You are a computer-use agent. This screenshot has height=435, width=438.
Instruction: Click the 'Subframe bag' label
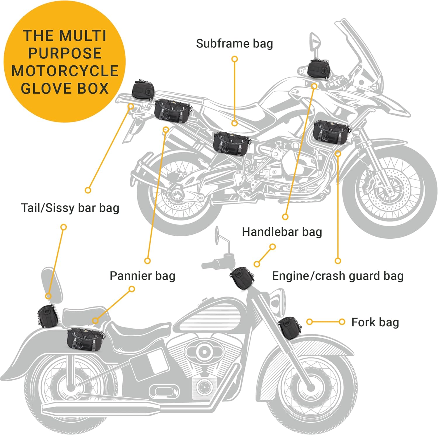coord(234,44)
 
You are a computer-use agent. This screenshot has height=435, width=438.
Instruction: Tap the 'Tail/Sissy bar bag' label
coord(70,208)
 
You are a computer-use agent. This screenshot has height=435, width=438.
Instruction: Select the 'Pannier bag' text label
coord(142,276)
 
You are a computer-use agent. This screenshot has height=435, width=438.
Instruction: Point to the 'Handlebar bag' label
coord(282,232)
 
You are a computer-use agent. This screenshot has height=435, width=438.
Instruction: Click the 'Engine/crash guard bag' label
coord(338,276)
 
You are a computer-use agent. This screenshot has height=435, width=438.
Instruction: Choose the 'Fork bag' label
coord(375,322)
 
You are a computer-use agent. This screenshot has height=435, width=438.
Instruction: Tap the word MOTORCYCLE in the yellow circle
coord(65,71)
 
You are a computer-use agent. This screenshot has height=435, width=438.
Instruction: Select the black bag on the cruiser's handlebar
coord(242,277)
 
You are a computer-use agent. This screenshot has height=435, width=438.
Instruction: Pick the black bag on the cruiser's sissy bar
coord(47,316)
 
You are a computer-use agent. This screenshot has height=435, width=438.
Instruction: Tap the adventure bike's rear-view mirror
coord(315,41)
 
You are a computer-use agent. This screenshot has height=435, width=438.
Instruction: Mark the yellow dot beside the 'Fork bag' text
coord(342,322)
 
